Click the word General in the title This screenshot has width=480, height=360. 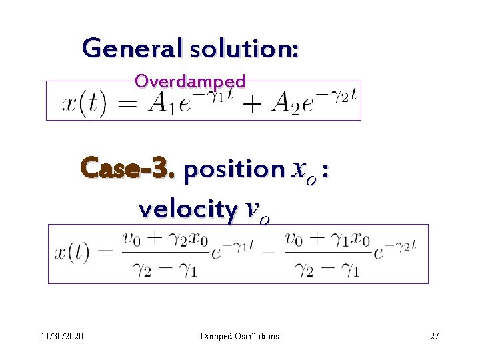tap(133, 49)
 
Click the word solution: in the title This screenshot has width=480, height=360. tap(244, 49)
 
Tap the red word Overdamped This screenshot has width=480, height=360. tap(190, 81)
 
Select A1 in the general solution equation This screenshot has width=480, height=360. tap(165, 105)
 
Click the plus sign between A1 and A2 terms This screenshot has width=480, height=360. tap(253, 106)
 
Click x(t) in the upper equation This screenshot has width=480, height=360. tap(84, 105)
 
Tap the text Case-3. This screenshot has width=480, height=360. tap(127, 169)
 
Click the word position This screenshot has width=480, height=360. tap(234, 170)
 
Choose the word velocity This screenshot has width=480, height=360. tap(187, 209)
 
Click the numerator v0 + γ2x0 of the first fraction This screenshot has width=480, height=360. tap(161, 239)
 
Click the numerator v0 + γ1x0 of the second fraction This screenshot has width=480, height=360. tap(327, 239)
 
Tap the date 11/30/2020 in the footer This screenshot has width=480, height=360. tap(60, 336)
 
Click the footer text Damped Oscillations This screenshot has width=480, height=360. tap(239, 336)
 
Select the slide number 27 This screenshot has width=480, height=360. tap(435, 336)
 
